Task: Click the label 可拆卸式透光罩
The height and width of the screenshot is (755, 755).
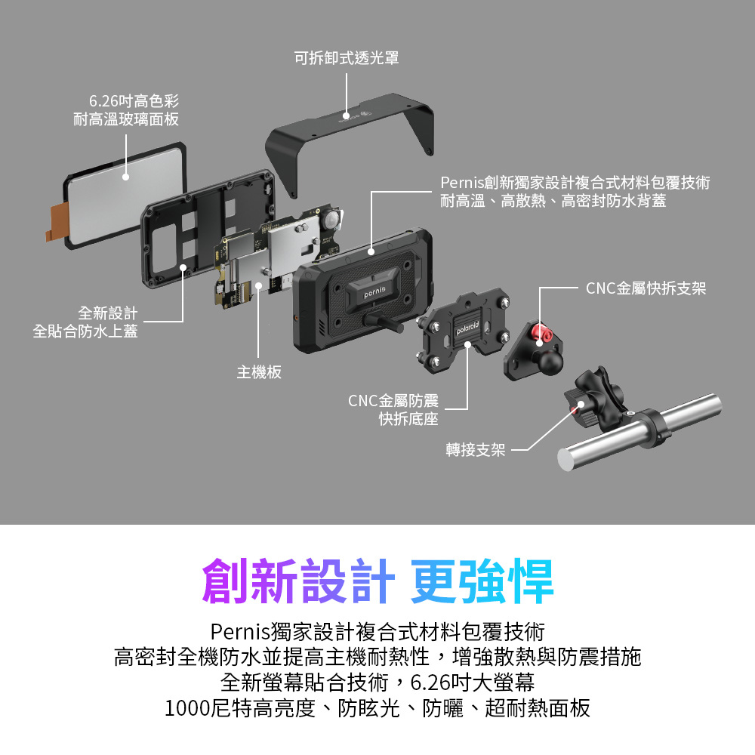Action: (x=347, y=58)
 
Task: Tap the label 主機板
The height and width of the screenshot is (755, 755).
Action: (x=259, y=372)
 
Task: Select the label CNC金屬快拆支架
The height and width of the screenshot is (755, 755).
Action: (x=646, y=288)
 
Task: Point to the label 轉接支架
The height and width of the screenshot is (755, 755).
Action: (x=475, y=450)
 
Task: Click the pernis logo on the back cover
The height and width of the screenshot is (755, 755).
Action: (x=374, y=291)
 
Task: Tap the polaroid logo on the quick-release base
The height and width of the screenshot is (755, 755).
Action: (x=467, y=328)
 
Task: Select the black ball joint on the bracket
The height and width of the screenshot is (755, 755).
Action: (x=550, y=361)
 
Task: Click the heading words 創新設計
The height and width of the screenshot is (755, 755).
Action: (x=298, y=581)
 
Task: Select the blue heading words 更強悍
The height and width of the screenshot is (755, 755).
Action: (x=482, y=581)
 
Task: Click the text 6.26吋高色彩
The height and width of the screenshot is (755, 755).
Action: (x=134, y=101)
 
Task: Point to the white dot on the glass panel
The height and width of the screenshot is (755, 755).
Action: (x=125, y=177)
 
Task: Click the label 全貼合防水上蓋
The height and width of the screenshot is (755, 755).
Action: (x=85, y=331)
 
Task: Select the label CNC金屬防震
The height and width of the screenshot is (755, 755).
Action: (x=393, y=401)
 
